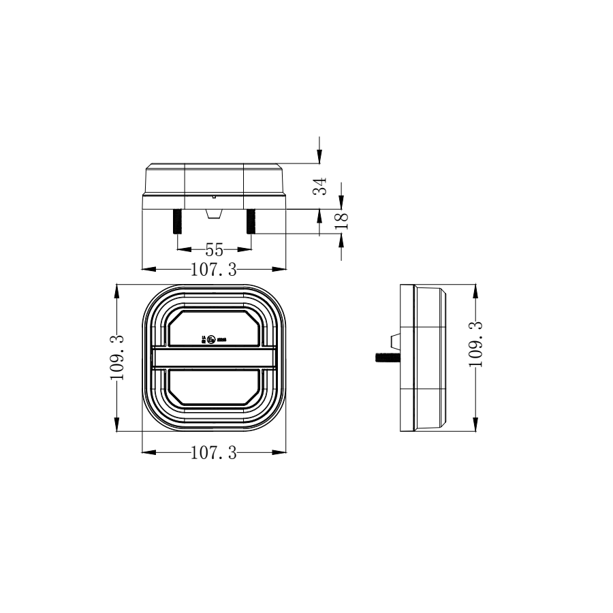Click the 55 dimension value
click(214, 249)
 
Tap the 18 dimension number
click(343, 219)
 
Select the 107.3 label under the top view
click(213, 270)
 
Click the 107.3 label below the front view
click(213, 453)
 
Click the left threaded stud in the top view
click(177, 221)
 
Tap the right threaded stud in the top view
click(251, 221)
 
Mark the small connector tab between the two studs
click(214, 213)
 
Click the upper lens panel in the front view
click(214, 329)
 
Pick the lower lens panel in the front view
click(214, 388)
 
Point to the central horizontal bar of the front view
click(214, 358)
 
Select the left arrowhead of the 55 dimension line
click(181, 249)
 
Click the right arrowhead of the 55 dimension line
click(247, 249)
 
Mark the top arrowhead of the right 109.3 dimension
click(475, 289)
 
